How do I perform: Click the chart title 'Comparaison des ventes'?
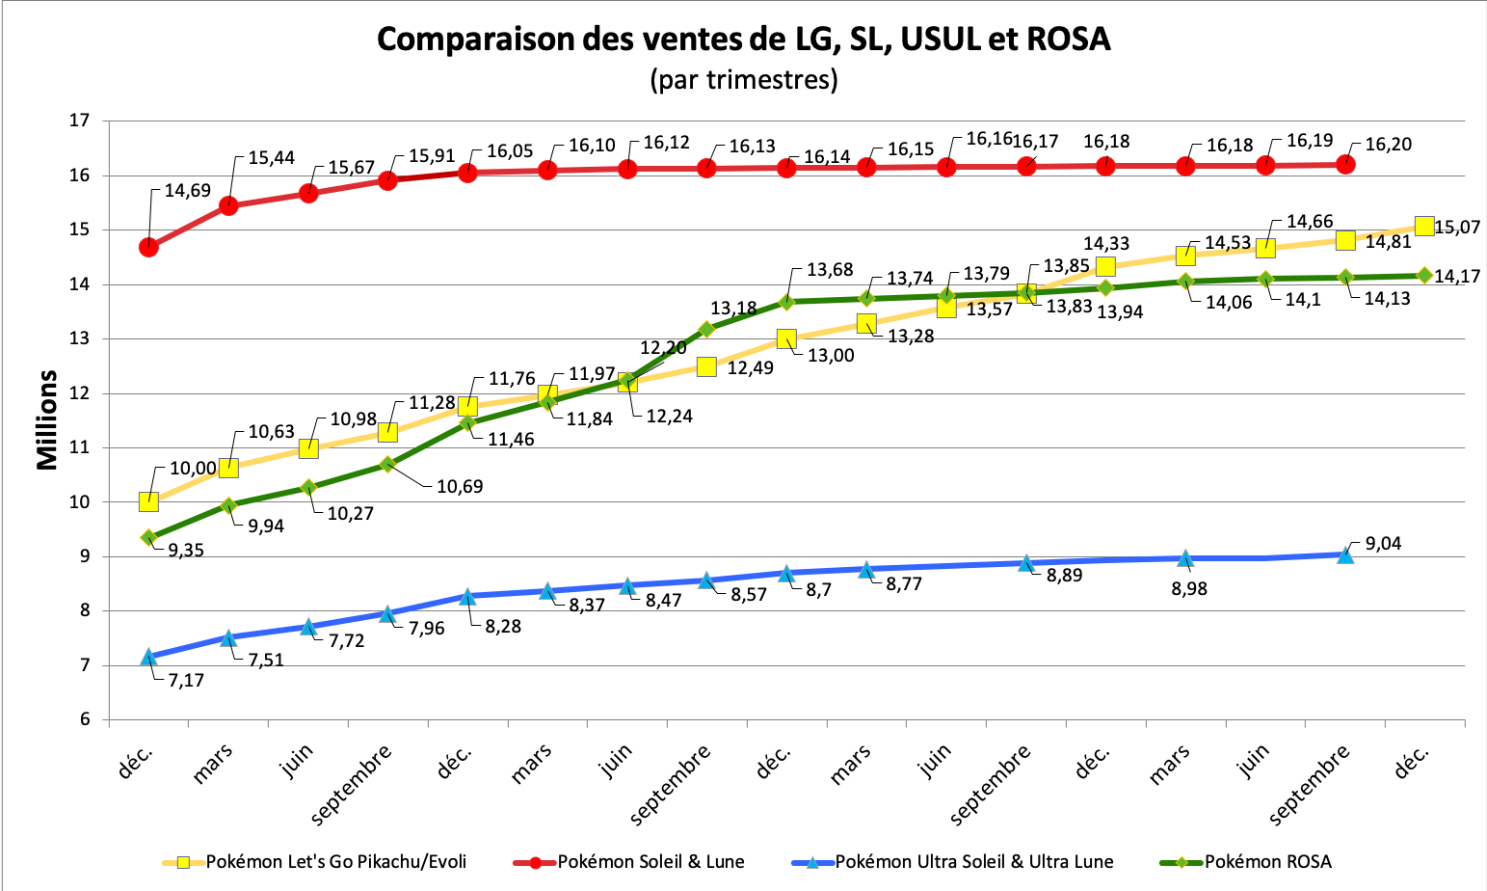point(743,40)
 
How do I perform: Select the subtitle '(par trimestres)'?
point(743,79)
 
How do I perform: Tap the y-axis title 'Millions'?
point(47,420)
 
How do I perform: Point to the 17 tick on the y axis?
point(79,121)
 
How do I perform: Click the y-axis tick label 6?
point(84,719)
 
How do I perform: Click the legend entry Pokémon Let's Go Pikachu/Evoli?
point(336,862)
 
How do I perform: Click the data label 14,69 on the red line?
point(187,191)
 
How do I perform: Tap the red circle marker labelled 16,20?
point(1345,165)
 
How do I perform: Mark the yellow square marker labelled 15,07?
point(1424,227)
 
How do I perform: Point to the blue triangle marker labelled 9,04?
point(1345,554)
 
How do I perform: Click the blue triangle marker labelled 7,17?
point(148,658)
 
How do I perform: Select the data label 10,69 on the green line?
point(460,487)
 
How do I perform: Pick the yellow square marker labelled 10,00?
point(148,501)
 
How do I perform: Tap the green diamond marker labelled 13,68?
point(786,302)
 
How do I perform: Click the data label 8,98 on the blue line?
point(1189,588)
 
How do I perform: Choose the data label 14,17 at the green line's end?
point(1457,277)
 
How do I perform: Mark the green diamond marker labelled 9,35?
point(148,537)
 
